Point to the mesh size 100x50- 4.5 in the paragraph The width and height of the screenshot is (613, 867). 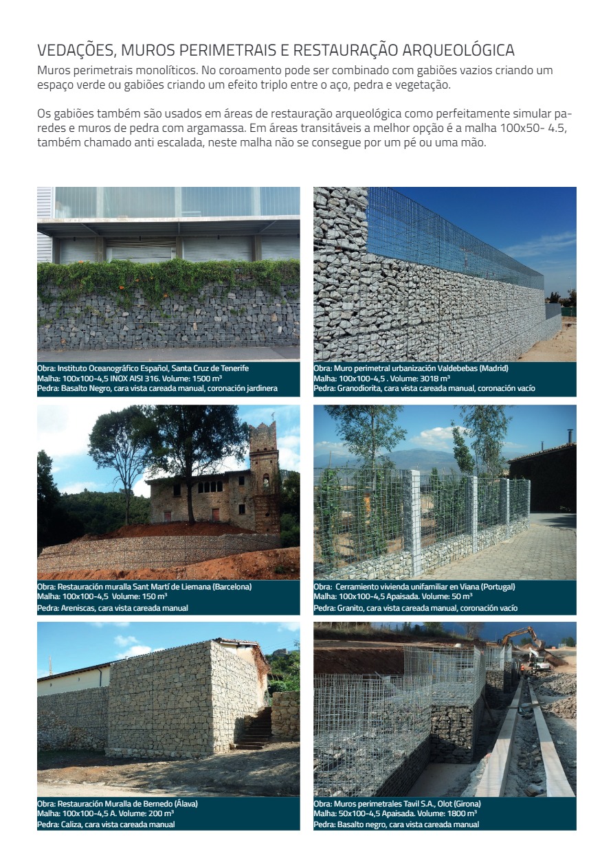528,130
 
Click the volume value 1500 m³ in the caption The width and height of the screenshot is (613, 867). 203,379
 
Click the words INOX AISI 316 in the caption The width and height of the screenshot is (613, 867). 138,379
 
